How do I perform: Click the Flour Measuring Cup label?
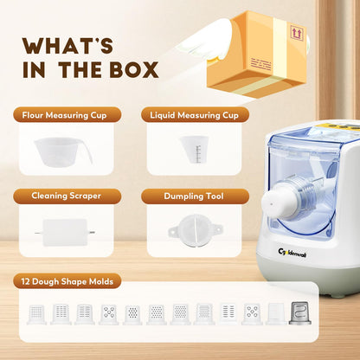tap(64, 115)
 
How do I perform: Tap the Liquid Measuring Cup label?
tap(194, 115)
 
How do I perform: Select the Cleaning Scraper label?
tap(66, 196)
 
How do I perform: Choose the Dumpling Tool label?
tap(194, 196)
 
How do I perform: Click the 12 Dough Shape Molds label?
tap(67, 281)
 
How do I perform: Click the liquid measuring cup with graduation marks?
tap(194, 149)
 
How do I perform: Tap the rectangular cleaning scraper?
tap(65, 232)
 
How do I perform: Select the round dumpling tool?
tap(195, 230)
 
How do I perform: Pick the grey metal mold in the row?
tap(300, 313)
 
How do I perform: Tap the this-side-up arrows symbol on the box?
tap(296, 33)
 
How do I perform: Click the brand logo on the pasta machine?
tap(292, 253)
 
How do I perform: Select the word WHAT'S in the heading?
tap(67, 46)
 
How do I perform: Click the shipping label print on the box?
tap(261, 64)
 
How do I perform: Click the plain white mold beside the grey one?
tap(276, 313)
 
